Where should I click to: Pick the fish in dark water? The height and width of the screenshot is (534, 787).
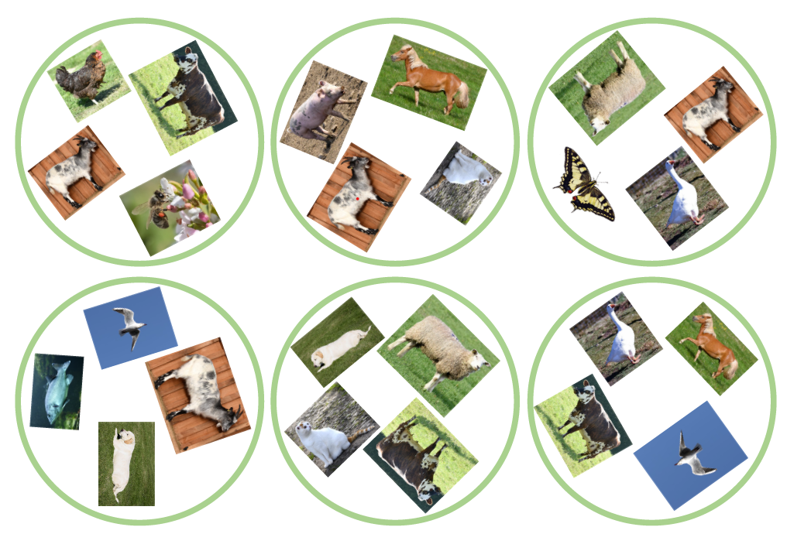tap(57, 392)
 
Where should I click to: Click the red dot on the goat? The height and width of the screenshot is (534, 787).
tap(357, 199)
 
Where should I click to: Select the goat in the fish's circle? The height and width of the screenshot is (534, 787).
tap(198, 394)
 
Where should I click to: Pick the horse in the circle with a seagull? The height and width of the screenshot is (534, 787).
tap(711, 347)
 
